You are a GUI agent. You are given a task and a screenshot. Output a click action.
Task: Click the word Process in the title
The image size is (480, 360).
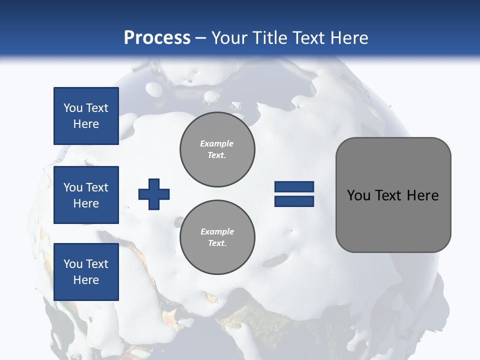point(157,38)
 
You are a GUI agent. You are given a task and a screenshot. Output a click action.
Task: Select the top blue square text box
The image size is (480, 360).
point(86,116)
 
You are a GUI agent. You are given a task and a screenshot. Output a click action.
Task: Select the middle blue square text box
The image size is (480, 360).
point(86,195)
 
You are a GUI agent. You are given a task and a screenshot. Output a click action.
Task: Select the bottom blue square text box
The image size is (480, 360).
point(86,272)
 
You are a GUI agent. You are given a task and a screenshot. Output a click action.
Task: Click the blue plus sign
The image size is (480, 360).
point(153,194)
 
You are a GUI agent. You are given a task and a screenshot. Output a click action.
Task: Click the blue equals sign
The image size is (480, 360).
point(294,194)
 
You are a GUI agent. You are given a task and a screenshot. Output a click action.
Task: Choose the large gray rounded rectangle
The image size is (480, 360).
point(393,220)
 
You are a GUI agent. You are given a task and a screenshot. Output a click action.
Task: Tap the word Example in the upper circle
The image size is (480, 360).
point(217,143)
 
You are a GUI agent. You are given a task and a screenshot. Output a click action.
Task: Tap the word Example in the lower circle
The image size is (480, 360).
point(217,231)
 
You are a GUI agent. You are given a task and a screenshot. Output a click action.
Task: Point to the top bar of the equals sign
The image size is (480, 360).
point(294,187)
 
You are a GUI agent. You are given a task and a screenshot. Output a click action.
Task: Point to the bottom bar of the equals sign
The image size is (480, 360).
point(294,201)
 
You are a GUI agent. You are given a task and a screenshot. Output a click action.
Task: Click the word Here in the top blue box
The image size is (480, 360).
point(86,124)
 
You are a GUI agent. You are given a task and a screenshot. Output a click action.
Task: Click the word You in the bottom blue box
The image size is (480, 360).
point(72,264)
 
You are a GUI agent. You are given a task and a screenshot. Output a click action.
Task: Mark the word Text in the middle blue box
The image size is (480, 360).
point(96,187)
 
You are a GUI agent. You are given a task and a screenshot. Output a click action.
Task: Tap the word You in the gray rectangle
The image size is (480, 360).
point(358,195)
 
